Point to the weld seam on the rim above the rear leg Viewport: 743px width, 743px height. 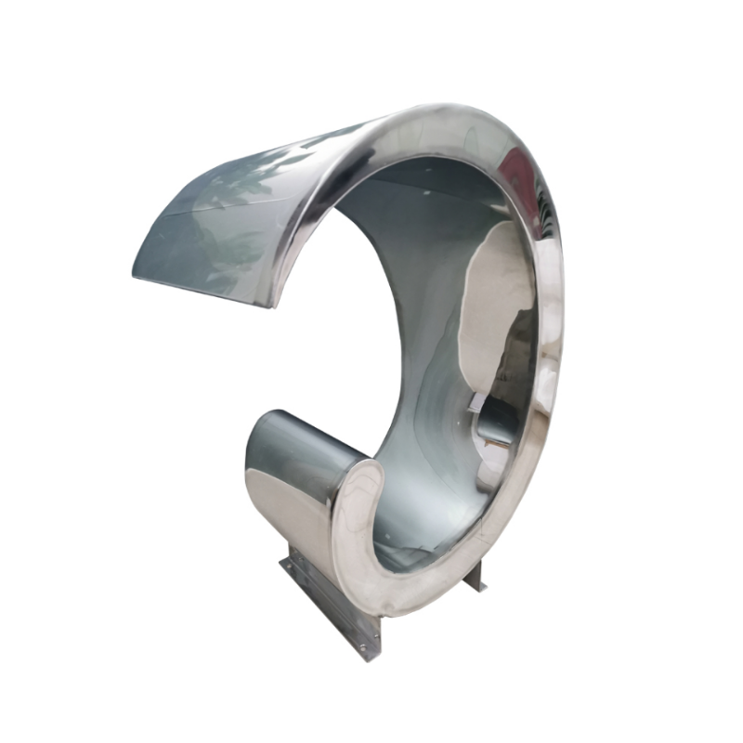(x=543, y=437)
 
